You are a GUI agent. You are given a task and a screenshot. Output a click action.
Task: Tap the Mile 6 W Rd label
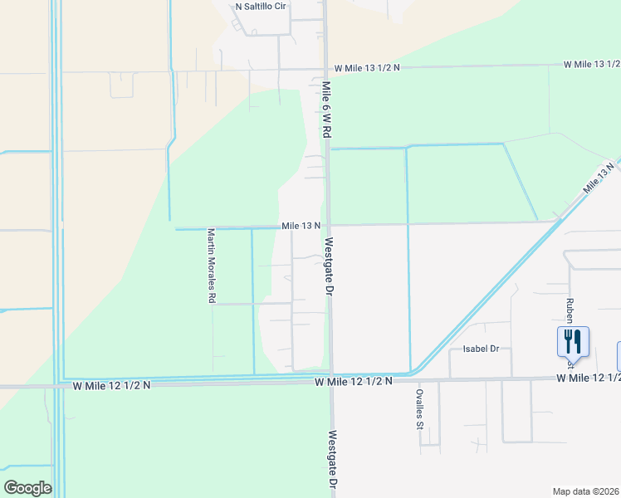pyautogui.click(x=327, y=109)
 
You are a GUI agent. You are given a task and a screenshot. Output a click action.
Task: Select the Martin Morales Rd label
pyautogui.click(x=212, y=266)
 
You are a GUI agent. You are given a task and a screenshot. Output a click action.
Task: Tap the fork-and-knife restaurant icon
pyautogui.click(x=573, y=340)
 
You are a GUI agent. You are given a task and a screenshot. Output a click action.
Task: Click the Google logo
pyautogui.click(x=27, y=488)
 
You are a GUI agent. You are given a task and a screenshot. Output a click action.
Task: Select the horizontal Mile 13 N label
pyautogui.click(x=301, y=226)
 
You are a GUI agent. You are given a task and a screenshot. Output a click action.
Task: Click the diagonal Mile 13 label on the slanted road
pyautogui.click(x=599, y=177)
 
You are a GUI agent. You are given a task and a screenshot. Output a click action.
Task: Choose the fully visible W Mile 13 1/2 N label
pyautogui.click(x=366, y=67)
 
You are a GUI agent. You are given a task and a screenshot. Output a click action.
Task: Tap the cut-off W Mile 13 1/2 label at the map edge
pyautogui.click(x=591, y=64)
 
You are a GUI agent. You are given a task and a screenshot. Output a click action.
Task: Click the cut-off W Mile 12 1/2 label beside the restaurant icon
pyautogui.click(x=589, y=378)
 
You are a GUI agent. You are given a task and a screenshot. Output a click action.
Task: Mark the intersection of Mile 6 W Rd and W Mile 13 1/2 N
pyautogui.click(x=325, y=70)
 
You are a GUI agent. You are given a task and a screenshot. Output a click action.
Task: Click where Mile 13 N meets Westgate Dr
pyautogui.click(x=328, y=225)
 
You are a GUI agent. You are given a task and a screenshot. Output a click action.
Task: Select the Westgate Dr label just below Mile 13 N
pyautogui.click(x=329, y=267)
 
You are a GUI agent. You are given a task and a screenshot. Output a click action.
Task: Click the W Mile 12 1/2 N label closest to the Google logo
pyautogui.click(x=111, y=385)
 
